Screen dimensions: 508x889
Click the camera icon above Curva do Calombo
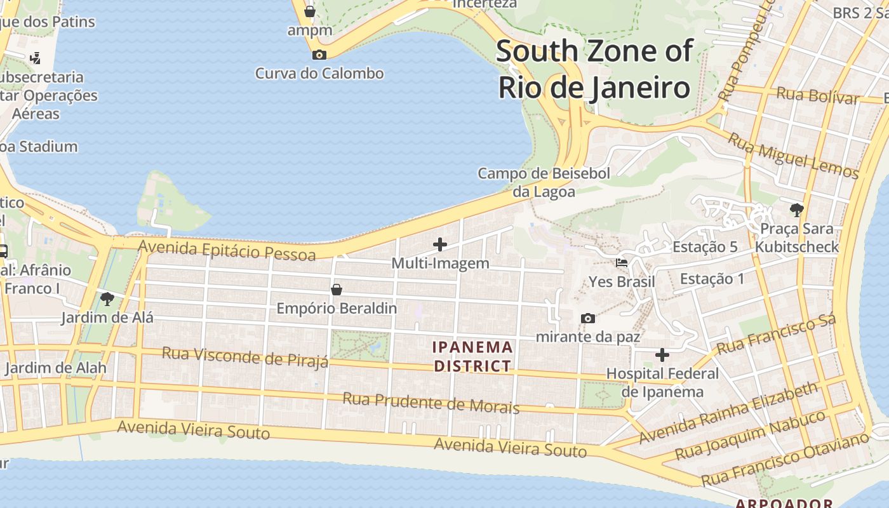pos(319,55)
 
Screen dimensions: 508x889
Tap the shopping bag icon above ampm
pos(309,11)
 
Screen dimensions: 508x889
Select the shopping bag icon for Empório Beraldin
pos(337,290)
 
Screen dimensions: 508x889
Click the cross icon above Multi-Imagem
pos(439,244)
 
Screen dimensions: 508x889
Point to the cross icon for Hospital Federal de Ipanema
pos(662,355)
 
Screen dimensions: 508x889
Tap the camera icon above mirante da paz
pos(588,318)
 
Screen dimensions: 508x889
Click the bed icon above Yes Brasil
pos(622,263)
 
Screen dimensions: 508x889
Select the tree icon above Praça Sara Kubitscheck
pos(796,210)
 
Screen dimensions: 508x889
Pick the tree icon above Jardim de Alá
pos(107,298)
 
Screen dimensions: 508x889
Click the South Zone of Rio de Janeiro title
pos(594,69)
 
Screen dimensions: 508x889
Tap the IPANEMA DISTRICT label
pos(472,356)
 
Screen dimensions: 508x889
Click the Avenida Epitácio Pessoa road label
pos(227,250)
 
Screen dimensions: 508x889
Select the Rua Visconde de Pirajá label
pos(245,356)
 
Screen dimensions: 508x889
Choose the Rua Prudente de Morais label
pos(431,403)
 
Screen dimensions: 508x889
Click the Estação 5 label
pos(705,247)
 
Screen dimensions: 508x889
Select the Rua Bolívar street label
pos(817,96)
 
